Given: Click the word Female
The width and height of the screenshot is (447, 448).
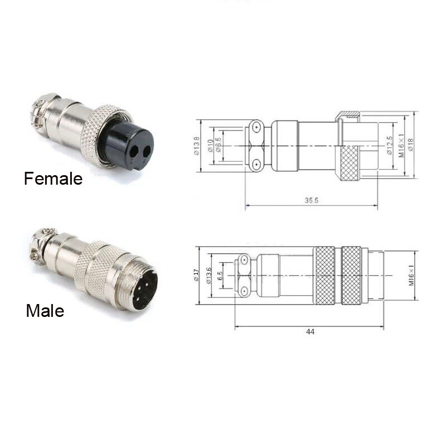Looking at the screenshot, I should click(53, 179).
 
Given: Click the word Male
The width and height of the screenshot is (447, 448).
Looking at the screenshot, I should click(45, 310).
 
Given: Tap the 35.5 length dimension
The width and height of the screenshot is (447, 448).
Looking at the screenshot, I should click(312, 201).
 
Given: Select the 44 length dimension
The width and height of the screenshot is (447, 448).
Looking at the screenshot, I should click(310, 331).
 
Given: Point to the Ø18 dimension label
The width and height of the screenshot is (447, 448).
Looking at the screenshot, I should click(411, 146).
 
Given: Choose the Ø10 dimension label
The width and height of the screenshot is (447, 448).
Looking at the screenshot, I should click(210, 146).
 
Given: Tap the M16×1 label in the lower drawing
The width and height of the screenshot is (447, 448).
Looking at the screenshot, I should click(411, 276).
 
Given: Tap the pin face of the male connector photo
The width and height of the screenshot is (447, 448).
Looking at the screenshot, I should click(144, 289).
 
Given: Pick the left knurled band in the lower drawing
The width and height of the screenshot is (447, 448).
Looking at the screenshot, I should click(324, 276).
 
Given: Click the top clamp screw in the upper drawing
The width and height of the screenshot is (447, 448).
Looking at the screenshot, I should click(256, 127).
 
